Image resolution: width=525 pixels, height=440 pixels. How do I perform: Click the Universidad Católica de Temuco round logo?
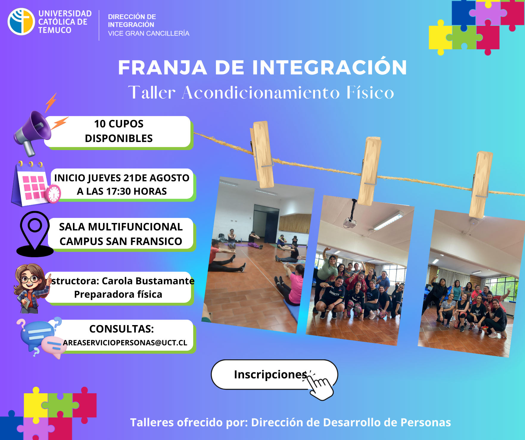pos(21,22)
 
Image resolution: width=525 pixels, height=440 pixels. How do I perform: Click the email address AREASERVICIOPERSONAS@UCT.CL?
pos(125,343)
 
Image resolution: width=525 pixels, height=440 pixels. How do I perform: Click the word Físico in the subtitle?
pos(370,93)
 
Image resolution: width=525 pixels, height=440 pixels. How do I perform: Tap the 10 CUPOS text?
pos(119,124)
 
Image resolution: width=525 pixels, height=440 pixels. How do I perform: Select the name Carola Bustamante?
pos(148,281)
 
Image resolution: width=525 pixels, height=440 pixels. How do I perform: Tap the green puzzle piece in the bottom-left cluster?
pos(60,405)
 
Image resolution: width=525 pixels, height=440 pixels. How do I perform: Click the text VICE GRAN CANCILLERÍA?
pos(149,33)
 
